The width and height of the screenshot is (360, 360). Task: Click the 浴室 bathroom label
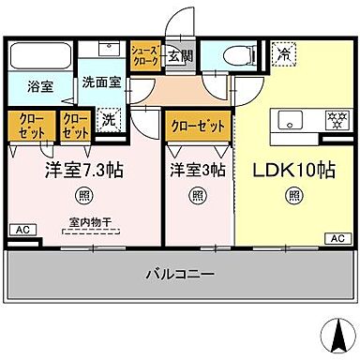tap(39, 85)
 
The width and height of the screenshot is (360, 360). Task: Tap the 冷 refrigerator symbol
tap(282, 55)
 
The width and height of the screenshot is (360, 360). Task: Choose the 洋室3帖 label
tap(196, 171)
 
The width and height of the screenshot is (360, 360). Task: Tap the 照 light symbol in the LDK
tap(294, 195)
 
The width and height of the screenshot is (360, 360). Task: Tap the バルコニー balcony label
tap(181, 274)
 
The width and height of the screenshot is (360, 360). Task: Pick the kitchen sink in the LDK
tap(288, 119)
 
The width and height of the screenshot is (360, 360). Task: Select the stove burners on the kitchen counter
tap(333, 119)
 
